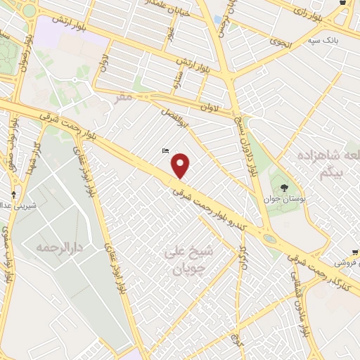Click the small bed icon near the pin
(165, 150)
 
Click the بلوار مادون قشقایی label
(304, 304)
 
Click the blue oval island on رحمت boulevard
(270, 238)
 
